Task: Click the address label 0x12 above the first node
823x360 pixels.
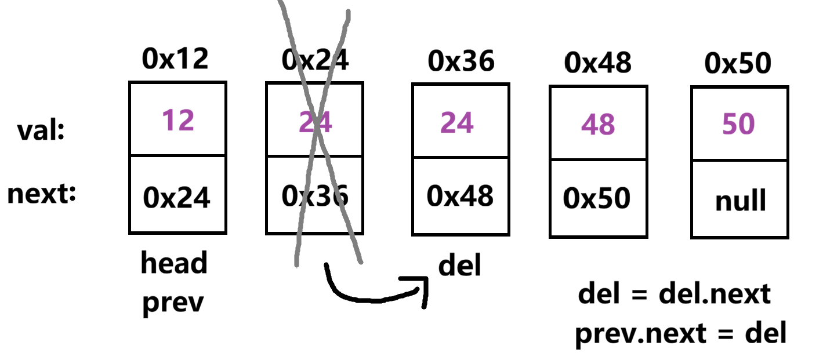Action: (x=175, y=59)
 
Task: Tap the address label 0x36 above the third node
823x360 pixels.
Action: (x=461, y=61)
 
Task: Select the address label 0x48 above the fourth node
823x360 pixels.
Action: (x=598, y=63)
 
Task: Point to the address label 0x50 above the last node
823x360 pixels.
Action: (x=738, y=63)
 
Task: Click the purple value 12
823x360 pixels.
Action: (x=177, y=121)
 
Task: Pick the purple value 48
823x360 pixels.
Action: (x=598, y=124)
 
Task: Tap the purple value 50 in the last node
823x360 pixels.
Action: (x=738, y=124)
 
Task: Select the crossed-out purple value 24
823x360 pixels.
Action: (x=316, y=122)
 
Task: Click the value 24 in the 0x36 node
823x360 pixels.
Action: (x=457, y=122)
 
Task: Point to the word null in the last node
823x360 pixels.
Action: (x=740, y=201)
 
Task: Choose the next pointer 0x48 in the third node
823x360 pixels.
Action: (x=460, y=197)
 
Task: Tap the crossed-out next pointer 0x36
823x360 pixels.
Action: (x=316, y=197)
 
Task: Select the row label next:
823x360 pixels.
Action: (x=42, y=194)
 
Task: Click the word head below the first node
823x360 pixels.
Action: (x=174, y=264)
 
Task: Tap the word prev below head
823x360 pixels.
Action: (x=174, y=303)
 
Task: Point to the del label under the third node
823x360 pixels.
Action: (x=459, y=266)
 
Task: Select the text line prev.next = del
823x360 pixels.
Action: (x=681, y=334)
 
